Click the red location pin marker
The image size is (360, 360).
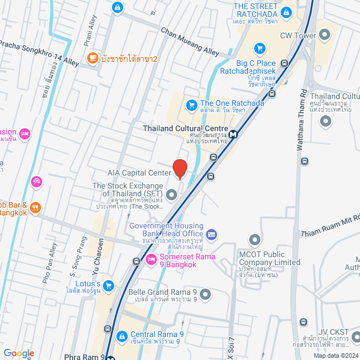click(x=180, y=168)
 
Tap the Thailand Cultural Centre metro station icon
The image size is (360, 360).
click(x=232, y=134)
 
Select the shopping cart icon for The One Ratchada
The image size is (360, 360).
click(x=191, y=103)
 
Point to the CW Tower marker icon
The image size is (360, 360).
click(x=325, y=35)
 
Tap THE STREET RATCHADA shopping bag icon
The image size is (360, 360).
click(x=286, y=11)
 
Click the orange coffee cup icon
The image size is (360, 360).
click(x=92, y=57)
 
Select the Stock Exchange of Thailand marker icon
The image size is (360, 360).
click(x=172, y=195)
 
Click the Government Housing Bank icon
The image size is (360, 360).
click(x=211, y=234)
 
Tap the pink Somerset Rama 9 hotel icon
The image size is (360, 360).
click(x=151, y=259)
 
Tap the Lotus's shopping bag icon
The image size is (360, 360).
click(x=108, y=286)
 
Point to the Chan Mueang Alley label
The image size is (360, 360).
click(x=190, y=41)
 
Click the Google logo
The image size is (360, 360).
click(x=19, y=353)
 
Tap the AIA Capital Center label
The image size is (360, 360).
click(x=138, y=173)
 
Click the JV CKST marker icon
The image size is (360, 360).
click(x=356, y=336)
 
